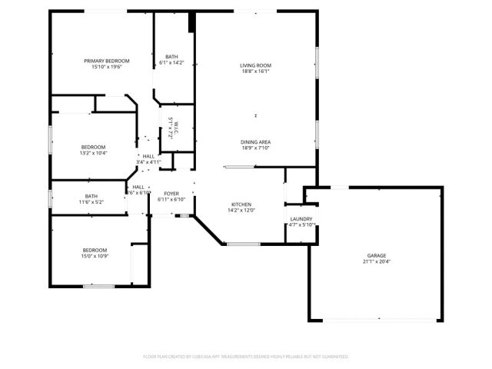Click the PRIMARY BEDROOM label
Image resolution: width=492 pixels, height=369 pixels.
point(107,61)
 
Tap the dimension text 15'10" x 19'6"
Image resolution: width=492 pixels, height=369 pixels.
point(107,67)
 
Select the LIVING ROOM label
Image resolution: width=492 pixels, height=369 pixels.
point(255,65)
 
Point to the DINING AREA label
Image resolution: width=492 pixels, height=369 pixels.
point(255,141)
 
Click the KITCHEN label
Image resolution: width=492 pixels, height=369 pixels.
point(241,204)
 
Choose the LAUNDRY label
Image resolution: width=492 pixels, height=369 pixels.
point(301,218)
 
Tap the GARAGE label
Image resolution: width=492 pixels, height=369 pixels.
point(376,255)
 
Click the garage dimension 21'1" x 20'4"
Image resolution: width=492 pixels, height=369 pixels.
point(376,261)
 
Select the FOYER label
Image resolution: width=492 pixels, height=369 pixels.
point(171,193)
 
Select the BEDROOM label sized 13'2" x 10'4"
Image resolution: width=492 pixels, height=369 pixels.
point(94,147)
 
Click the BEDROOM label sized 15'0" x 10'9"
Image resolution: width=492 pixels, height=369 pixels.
point(95,249)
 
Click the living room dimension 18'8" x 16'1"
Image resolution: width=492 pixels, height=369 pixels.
point(255,71)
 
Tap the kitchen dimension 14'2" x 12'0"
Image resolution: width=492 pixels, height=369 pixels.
point(241,210)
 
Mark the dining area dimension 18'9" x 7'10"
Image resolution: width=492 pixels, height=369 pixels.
point(255,148)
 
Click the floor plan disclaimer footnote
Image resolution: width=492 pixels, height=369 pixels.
point(246,357)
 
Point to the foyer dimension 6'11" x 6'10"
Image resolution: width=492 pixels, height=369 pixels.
point(171,199)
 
